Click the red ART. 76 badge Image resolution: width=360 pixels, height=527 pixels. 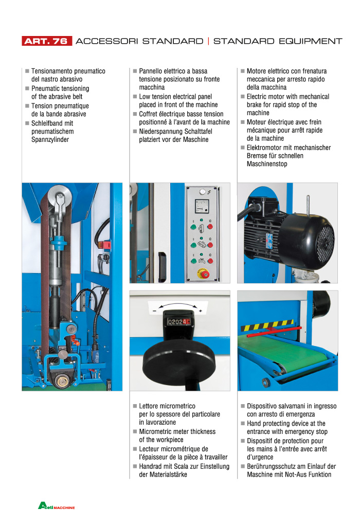46,41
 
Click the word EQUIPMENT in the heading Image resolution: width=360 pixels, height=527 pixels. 308,41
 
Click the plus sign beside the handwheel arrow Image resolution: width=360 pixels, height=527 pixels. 200,311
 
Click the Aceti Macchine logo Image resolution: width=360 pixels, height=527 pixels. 57,506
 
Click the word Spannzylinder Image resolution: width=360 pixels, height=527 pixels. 50,139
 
